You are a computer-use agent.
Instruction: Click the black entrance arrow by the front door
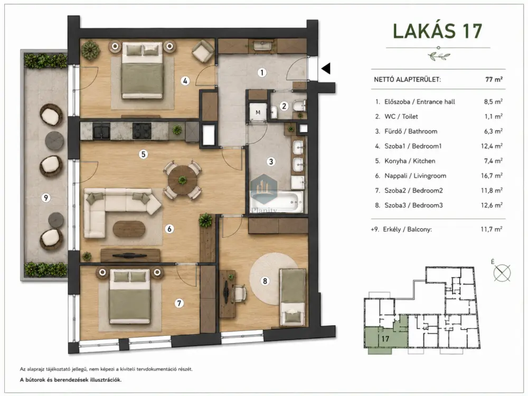tap(326, 69)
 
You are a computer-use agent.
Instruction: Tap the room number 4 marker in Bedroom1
tap(185, 81)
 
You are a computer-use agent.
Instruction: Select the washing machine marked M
tap(258, 112)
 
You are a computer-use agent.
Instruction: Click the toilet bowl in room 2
tap(299, 106)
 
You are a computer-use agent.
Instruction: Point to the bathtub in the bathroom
tap(277, 202)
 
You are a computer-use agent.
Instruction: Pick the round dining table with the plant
tap(183, 180)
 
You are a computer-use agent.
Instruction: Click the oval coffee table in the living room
tap(129, 229)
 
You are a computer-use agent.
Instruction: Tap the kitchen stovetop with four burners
tap(142, 130)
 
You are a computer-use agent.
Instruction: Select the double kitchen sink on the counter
tap(101, 130)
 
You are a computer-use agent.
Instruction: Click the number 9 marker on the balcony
tap(46, 197)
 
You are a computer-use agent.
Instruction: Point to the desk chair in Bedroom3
tap(239, 293)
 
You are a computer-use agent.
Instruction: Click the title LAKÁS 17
tap(437, 31)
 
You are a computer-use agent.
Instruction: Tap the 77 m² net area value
tap(494, 80)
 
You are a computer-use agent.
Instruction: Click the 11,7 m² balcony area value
tap(492, 229)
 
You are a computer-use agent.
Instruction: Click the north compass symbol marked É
tap(502, 272)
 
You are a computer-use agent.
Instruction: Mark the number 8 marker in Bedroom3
tap(265, 280)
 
